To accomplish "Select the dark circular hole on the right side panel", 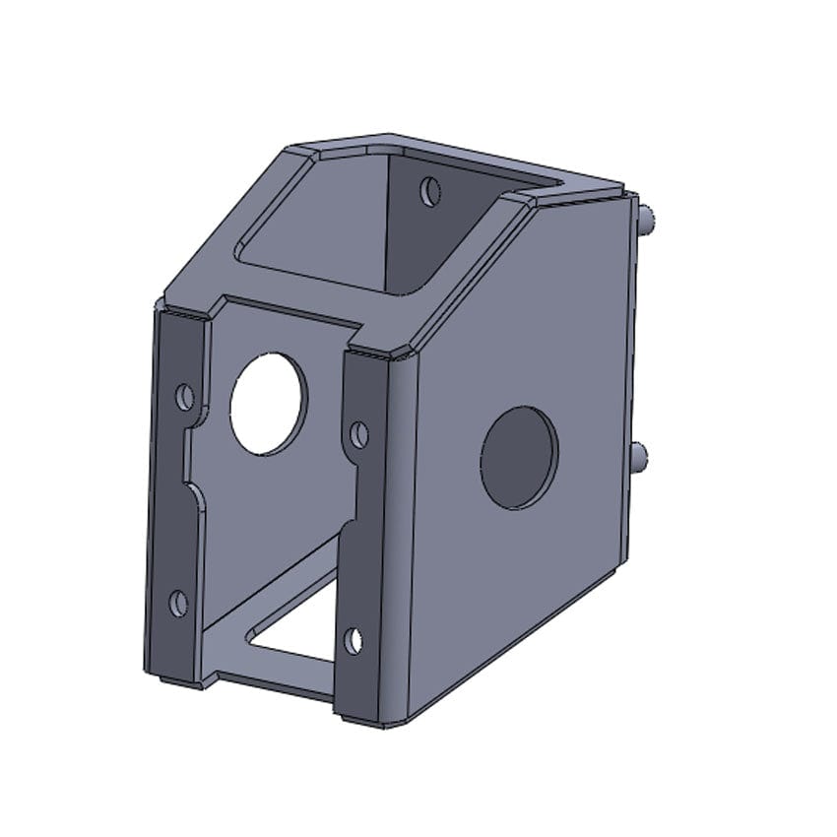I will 519,457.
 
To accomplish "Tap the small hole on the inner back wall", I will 429,191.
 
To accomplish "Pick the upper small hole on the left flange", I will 183,397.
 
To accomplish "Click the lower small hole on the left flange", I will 178,603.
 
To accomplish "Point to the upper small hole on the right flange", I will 359,433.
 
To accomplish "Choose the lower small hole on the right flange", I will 354,641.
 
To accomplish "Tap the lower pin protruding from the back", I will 639,456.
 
